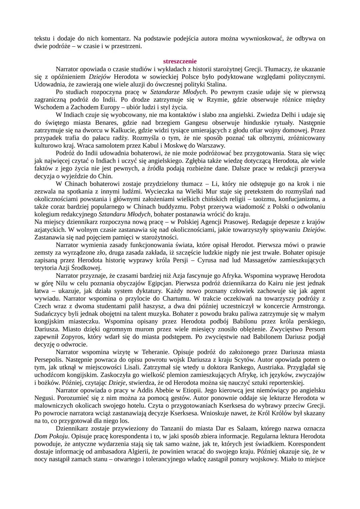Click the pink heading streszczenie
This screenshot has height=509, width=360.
coord(180,61)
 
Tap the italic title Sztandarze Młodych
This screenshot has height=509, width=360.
coord(178,92)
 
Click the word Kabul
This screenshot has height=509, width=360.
coord(142,146)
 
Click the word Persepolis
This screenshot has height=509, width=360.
coord(50,360)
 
